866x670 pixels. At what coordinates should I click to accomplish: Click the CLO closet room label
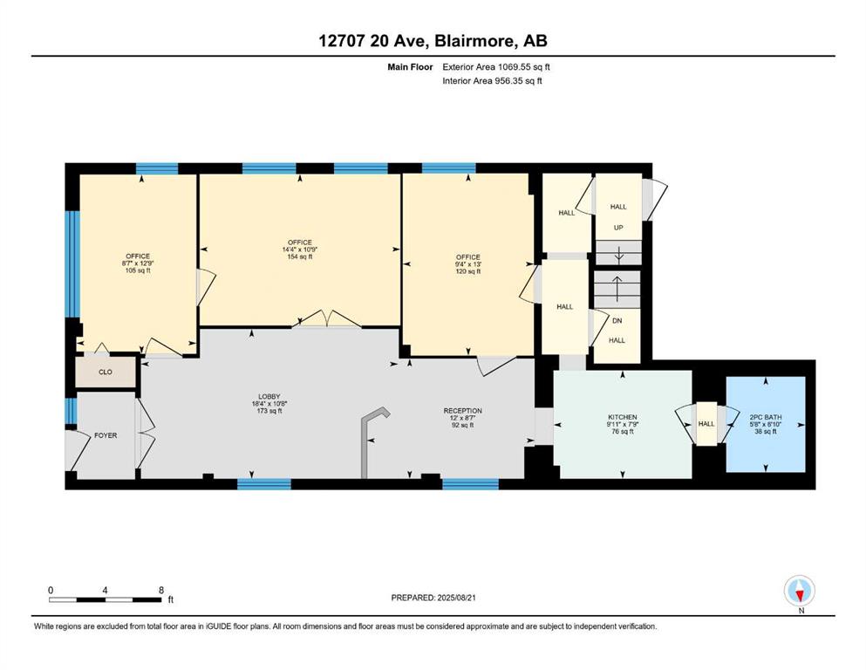click(x=106, y=372)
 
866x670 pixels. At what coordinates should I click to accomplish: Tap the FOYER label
click(x=106, y=435)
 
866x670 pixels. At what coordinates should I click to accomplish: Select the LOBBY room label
click(x=269, y=397)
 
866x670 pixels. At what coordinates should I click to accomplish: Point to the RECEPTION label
click(x=463, y=411)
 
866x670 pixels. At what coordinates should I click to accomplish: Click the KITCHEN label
click(x=623, y=417)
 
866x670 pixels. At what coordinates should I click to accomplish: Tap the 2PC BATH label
click(x=766, y=417)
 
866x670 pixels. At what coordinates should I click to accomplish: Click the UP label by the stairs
click(x=618, y=228)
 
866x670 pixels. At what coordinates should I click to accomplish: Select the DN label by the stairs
click(x=617, y=320)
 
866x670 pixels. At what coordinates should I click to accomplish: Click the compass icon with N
click(x=800, y=592)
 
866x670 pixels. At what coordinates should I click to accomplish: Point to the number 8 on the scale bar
click(x=161, y=590)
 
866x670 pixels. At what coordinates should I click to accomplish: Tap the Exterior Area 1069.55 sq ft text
click(x=496, y=67)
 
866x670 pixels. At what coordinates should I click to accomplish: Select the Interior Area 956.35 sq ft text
click(x=492, y=80)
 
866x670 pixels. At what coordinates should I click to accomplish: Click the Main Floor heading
click(x=410, y=67)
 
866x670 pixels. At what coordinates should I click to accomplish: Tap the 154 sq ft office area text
click(x=300, y=256)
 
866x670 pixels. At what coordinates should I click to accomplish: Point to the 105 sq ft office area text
click(x=138, y=270)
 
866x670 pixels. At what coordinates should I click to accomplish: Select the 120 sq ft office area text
click(x=467, y=271)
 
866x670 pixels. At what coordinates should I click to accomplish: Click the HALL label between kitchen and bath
click(x=706, y=424)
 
